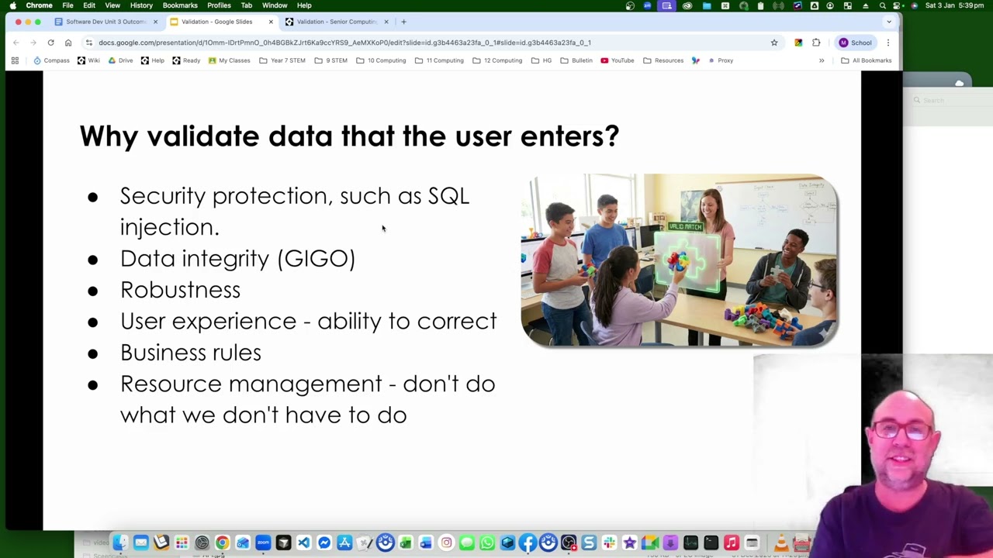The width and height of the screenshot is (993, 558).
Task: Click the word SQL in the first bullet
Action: [x=448, y=196]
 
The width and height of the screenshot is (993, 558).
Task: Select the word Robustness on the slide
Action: [x=180, y=290]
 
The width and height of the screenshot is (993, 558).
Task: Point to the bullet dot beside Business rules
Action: [x=93, y=353]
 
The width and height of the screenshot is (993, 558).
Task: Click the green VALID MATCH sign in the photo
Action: [x=685, y=226]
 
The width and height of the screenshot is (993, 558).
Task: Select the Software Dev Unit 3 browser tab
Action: [x=101, y=22]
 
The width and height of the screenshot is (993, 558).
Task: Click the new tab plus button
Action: [x=403, y=22]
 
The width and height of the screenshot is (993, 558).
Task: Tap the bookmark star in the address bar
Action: [x=773, y=43]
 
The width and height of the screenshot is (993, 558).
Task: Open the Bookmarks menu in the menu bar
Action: [x=180, y=5]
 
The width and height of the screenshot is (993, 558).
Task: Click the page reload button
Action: [x=50, y=43]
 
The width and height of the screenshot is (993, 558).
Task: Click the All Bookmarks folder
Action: [x=867, y=60]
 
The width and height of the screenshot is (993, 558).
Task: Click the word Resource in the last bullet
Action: [x=171, y=384]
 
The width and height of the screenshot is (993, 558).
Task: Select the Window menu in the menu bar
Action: [x=275, y=5]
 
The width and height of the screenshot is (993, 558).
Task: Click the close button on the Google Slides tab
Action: [x=271, y=22]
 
